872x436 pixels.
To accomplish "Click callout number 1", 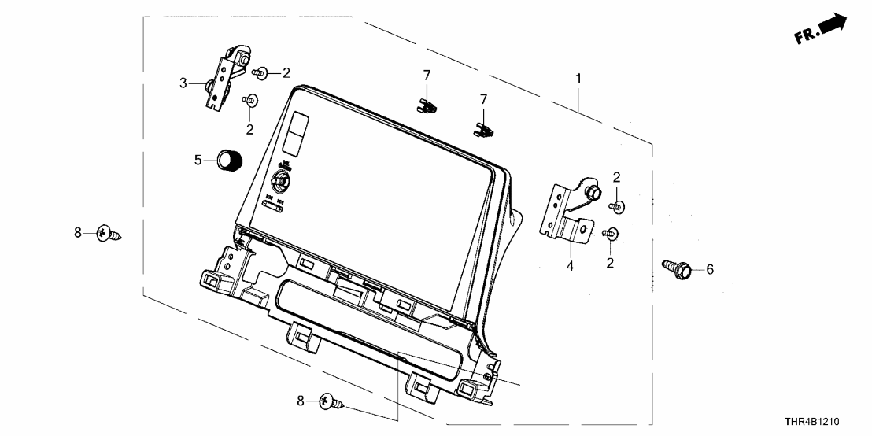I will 578,79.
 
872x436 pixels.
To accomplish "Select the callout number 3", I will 183,83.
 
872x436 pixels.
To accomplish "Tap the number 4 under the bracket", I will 571,267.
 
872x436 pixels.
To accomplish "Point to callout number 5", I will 198,161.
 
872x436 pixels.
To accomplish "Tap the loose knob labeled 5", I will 229,160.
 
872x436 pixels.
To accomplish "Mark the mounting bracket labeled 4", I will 568,212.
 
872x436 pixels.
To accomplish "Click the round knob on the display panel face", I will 282,179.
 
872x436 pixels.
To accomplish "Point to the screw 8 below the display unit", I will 332,403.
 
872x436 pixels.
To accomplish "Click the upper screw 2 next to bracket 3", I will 261,73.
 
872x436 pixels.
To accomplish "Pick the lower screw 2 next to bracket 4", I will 609,232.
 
